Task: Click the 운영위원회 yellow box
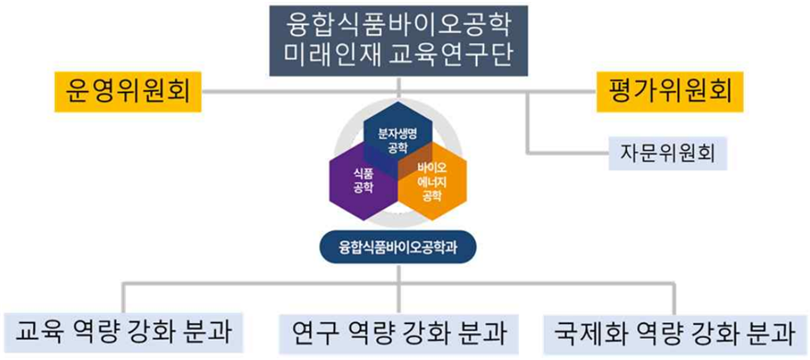pos(128,92)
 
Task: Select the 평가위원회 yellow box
pos(669,92)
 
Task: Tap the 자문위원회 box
pos(667,154)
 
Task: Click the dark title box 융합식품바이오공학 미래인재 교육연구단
pos(399,41)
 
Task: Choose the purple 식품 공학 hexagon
pos(364,180)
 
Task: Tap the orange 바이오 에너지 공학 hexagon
pos(433,180)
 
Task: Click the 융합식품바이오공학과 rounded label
pos(398,248)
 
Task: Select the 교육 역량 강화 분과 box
pos(123,332)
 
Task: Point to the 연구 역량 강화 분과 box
pos(399,333)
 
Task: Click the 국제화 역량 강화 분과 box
pos(673,333)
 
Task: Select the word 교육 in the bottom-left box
pos(39,332)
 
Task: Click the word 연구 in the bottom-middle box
pos(314,333)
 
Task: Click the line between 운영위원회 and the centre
pos(300,92)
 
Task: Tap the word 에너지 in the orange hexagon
pos(432,181)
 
